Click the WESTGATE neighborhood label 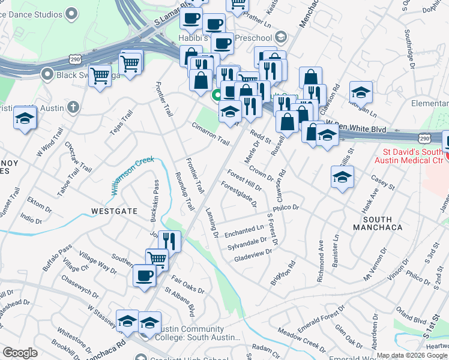115,211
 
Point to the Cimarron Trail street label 211,134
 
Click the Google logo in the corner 20,353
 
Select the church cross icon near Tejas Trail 73,107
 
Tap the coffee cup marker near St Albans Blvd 144,275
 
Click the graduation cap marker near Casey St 342,176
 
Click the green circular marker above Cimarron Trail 217,95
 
